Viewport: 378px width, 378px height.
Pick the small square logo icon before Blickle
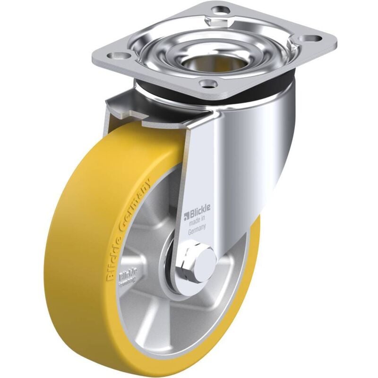(186, 217)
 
